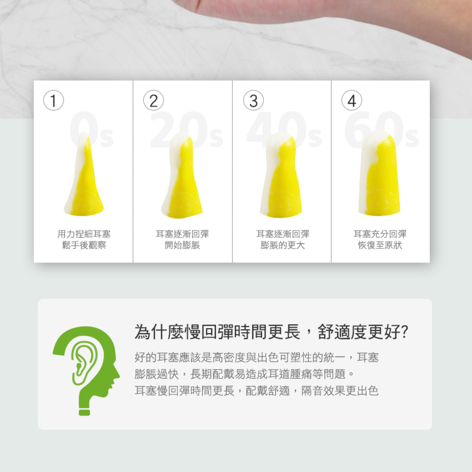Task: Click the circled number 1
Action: (x=53, y=100)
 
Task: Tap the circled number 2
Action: (x=153, y=100)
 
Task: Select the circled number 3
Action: (x=253, y=100)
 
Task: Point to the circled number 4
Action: (x=352, y=100)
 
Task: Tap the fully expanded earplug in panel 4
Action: (x=379, y=173)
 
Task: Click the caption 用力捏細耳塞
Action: (x=84, y=234)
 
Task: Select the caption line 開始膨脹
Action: (x=182, y=245)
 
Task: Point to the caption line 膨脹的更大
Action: (x=283, y=245)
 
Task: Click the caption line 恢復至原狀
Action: (x=380, y=245)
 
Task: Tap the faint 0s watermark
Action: (x=92, y=129)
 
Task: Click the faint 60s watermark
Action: (x=382, y=129)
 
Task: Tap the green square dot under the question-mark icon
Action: (x=84, y=412)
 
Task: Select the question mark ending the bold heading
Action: (x=405, y=332)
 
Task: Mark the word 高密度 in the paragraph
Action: (x=229, y=357)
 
